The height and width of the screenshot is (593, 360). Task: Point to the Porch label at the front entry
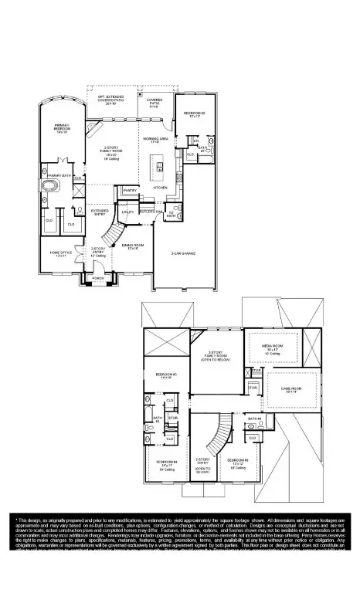[x=98, y=278]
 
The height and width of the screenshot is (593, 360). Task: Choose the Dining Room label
[x=131, y=247]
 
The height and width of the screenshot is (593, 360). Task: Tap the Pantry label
[x=129, y=190]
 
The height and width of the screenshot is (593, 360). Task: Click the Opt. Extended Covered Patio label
[x=110, y=99]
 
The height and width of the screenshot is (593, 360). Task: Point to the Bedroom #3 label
[x=236, y=463]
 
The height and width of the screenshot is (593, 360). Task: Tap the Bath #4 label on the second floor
[x=255, y=419]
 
